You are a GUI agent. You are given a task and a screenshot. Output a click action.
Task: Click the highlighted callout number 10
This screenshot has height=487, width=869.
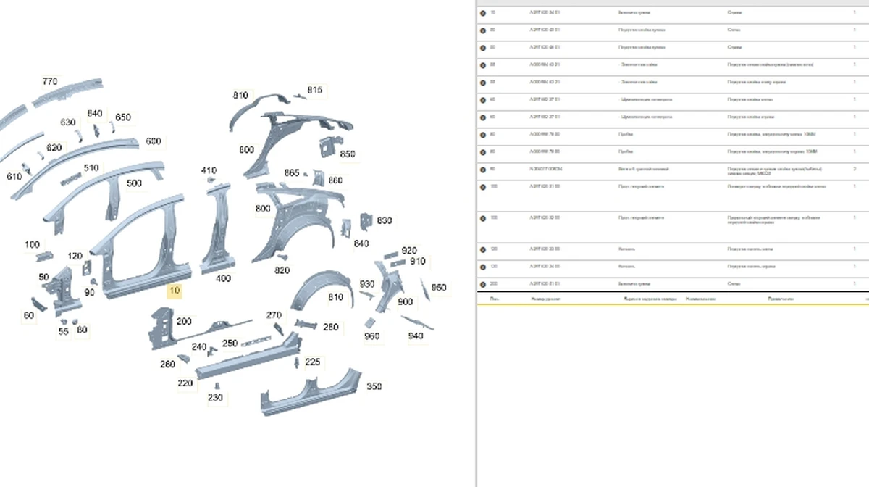[x=175, y=291]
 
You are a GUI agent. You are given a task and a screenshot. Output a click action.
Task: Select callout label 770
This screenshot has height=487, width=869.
[x=50, y=81]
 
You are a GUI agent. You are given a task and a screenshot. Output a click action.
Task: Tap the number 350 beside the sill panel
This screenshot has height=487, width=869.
[x=374, y=386]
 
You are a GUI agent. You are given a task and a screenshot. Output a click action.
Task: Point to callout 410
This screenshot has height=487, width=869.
[x=209, y=170]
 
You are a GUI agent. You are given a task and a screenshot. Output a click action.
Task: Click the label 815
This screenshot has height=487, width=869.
[x=315, y=90]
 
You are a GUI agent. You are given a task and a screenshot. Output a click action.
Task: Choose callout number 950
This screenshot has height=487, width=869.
[x=439, y=288]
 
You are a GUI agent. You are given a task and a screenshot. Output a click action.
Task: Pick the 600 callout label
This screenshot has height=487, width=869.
[x=153, y=141]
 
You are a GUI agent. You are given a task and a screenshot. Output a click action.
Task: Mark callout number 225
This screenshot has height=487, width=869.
[x=313, y=362]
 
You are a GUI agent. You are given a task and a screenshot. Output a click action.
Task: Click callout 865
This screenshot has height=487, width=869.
[x=292, y=173]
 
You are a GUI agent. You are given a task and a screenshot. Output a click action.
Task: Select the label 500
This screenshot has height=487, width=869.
[x=134, y=183]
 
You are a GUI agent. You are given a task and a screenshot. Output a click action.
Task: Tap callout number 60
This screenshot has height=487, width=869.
[x=29, y=315]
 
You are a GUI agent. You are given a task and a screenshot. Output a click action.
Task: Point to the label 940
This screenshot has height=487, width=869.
[x=416, y=336]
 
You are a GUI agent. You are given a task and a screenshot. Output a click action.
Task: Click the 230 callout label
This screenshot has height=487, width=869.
[x=216, y=398]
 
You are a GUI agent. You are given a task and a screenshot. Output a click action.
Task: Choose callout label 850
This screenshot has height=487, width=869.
[x=348, y=154]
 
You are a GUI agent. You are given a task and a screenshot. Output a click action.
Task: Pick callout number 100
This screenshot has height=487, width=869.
[x=32, y=244]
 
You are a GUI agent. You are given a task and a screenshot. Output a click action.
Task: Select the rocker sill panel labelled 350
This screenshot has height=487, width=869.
[x=311, y=394]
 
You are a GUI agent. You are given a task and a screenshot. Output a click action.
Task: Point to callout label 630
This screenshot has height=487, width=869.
[x=68, y=122]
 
